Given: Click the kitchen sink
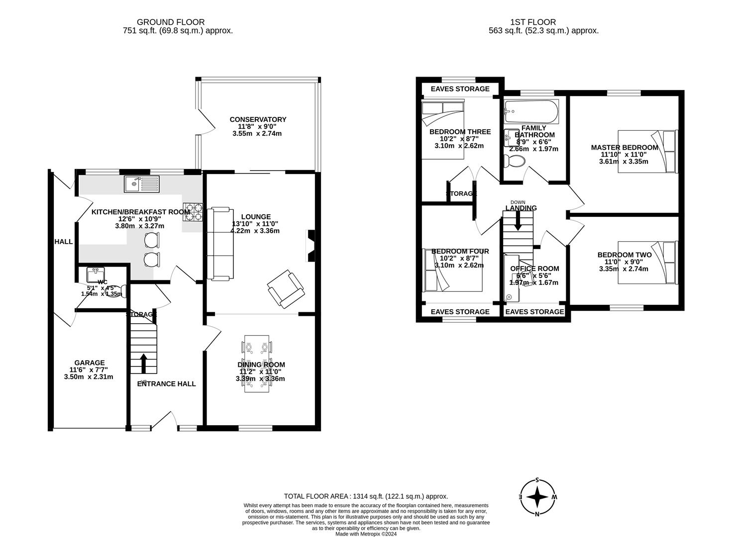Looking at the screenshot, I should pyautogui.click(x=142, y=184).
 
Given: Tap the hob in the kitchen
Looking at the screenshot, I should pyautogui.click(x=193, y=212).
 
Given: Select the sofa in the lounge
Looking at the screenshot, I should pyautogui.click(x=219, y=244).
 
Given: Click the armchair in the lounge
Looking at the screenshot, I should pyautogui.click(x=286, y=289).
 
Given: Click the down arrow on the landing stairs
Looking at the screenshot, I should pyautogui.click(x=518, y=221).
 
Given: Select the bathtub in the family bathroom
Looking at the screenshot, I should pyautogui.click(x=531, y=112).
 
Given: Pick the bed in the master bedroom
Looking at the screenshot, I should pyautogui.click(x=647, y=151).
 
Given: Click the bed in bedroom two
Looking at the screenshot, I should pyautogui.click(x=647, y=263).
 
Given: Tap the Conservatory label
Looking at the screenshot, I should pyautogui.click(x=258, y=119).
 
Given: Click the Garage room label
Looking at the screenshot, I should pyautogui.click(x=90, y=363).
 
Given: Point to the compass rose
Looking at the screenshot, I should pyautogui.click(x=537, y=497).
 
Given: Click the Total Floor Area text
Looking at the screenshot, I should pyautogui.click(x=366, y=496).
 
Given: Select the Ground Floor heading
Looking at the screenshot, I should pyautogui.click(x=171, y=22).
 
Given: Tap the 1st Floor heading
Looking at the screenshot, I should pyautogui.click(x=532, y=22).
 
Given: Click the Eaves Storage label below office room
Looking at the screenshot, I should pyautogui.click(x=535, y=312).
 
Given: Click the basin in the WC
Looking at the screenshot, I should pyautogui.click(x=95, y=274).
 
